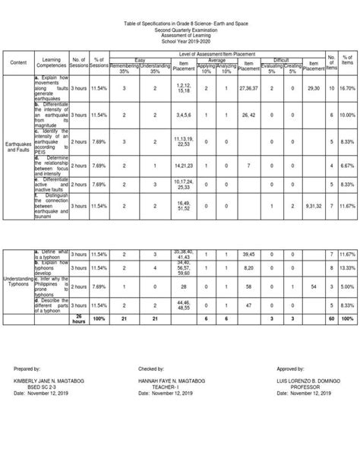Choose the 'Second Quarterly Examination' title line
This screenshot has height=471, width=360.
(x=180, y=28)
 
